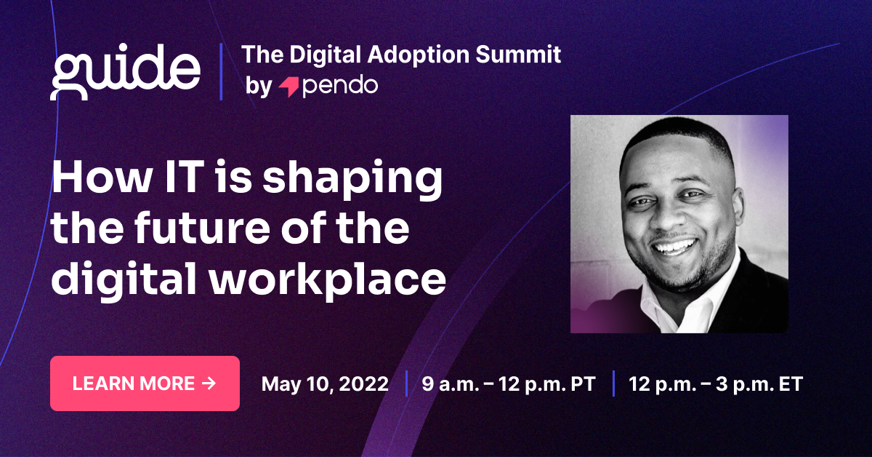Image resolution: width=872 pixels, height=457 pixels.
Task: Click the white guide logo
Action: (x=125, y=71)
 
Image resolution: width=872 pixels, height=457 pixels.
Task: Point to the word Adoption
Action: (x=410, y=55)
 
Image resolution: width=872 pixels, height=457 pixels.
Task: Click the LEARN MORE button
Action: (x=145, y=384)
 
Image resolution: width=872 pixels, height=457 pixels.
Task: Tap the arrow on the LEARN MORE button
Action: (x=209, y=383)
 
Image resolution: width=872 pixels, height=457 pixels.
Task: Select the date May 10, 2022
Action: (x=325, y=384)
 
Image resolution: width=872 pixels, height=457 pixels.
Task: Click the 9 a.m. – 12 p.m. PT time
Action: (x=509, y=384)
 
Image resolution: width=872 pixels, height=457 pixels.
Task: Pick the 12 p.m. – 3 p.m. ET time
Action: (x=716, y=384)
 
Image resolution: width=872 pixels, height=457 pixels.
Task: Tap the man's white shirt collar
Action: (x=708, y=291)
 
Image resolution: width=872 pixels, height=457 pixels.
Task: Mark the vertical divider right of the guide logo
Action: (x=221, y=71)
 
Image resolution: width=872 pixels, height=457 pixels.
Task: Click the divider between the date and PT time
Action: (x=405, y=384)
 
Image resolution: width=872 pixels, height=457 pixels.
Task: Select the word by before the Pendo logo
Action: (x=258, y=87)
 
